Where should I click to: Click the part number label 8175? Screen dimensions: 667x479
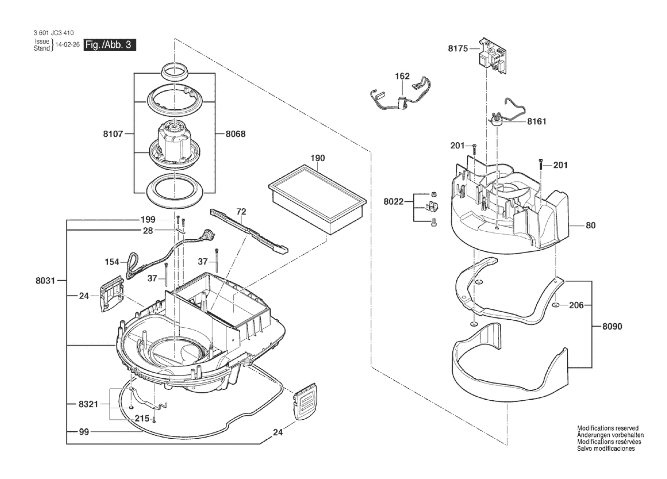[x=458, y=48]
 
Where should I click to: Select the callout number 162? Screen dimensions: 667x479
[x=402, y=76]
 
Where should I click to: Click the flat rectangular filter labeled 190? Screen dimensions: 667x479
[x=317, y=200]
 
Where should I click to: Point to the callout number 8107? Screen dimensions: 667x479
[x=113, y=134]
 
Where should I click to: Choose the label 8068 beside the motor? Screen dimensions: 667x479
[x=235, y=134]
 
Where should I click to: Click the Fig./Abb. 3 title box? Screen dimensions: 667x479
[x=110, y=45]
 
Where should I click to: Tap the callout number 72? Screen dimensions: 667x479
[x=241, y=212]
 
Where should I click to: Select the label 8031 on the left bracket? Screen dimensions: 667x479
[x=45, y=281]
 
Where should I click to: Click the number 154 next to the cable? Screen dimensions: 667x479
[x=112, y=262]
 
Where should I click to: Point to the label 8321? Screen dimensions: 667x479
[x=88, y=404]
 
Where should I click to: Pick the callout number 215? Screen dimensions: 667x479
[x=142, y=419]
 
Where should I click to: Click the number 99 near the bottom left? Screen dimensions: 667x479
[x=84, y=432]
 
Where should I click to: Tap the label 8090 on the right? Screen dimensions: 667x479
[x=612, y=326]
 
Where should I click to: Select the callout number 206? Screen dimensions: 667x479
[x=576, y=305]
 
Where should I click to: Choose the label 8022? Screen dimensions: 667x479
[x=393, y=202]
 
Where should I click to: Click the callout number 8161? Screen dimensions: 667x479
[x=537, y=122]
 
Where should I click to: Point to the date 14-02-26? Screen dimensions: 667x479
[x=67, y=45]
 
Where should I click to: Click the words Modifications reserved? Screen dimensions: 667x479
[x=608, y=428]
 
